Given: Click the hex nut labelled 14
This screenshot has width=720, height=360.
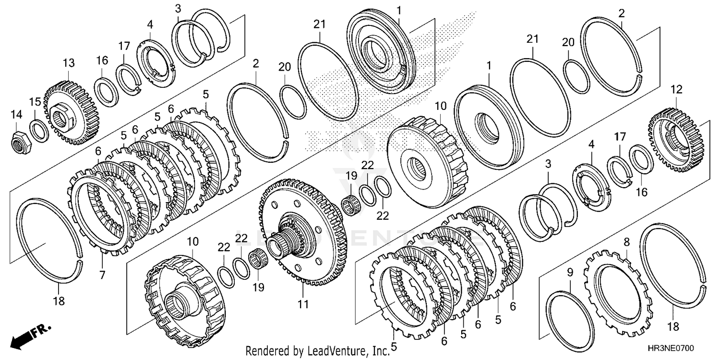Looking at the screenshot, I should (x=20, y=138).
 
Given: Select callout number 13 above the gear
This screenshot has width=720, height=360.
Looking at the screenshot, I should (x=69, y=63).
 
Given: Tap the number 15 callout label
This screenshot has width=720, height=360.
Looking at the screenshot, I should (x=35, y=102).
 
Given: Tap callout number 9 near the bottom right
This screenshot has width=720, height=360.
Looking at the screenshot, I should (x=570, y=273).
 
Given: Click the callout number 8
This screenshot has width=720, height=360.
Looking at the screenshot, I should (x=626, y=242).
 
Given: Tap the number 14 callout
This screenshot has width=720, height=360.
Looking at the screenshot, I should (x=16, y=114).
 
